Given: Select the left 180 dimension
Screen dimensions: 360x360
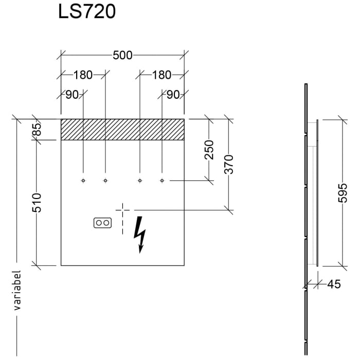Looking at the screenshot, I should [83, 75].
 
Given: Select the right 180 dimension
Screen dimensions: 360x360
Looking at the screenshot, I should [161, 75].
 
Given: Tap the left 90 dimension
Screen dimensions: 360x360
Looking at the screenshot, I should [71, 95].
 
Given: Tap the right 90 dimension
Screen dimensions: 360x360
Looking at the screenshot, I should [173, 95].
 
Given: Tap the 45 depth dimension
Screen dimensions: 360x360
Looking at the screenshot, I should [334, 284].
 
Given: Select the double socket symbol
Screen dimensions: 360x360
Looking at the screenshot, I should [102, 223].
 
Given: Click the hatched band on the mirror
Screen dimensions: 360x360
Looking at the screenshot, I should [122, 129].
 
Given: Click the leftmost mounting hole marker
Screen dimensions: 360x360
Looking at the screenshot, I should [83, 181].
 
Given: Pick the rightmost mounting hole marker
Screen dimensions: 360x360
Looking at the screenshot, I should [162, 181].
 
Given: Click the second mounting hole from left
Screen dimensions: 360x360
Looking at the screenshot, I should [105, 181].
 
